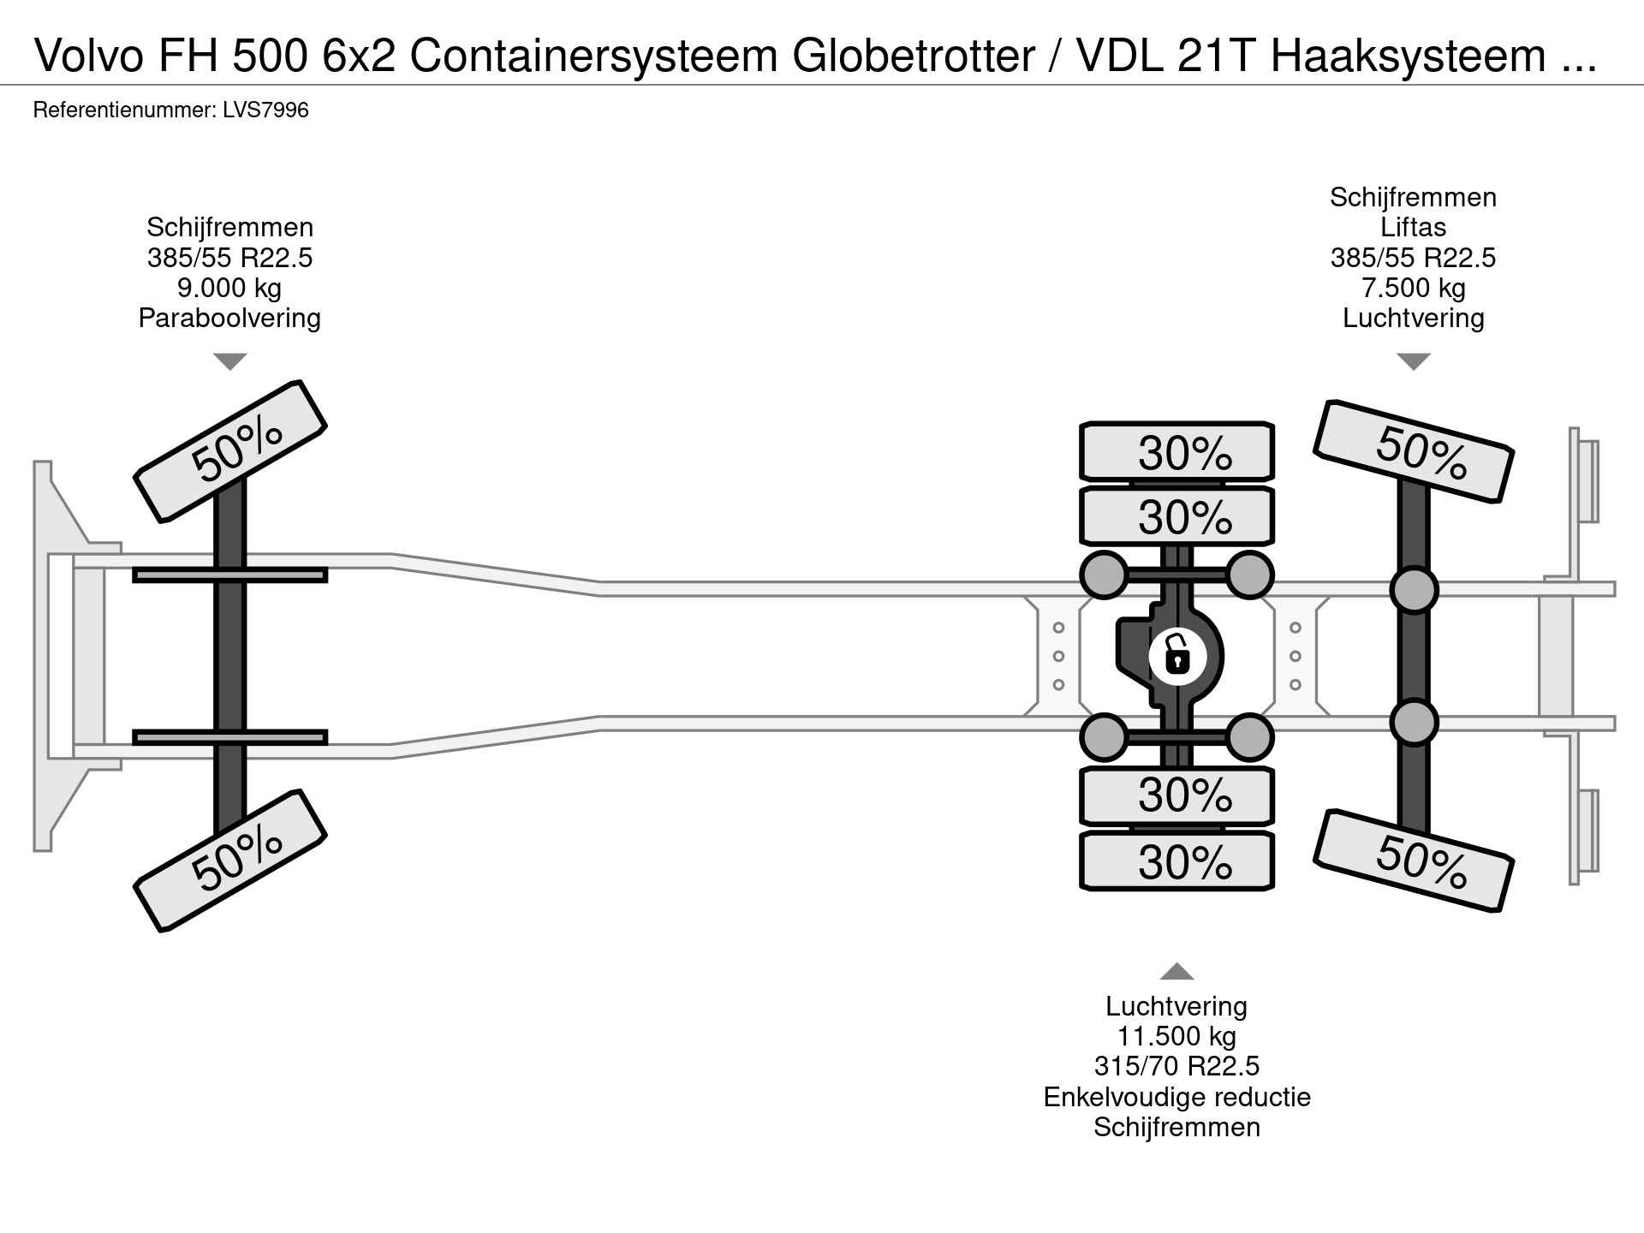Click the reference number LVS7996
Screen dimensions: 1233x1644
(x=265, y=110)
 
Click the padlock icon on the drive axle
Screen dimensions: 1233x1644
(x=1177, y=657)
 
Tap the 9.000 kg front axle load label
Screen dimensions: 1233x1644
(x=229, y=288)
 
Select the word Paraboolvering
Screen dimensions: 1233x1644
(x=229, y=319)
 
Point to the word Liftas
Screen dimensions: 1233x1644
(x=1413, y=228)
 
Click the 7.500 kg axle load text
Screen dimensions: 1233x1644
(x=1413, y=288)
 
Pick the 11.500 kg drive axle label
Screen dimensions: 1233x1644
(x=1176, y=1037)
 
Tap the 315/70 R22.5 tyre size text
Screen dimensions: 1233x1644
(x=1176, y=1067)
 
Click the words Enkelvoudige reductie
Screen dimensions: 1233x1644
(x=1176, y=1098)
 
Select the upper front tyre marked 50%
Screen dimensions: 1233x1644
(x=230, y=451)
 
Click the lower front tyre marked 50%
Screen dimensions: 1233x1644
(x=230, y=861)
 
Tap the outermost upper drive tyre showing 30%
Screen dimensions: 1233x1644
(x=1177, y=451)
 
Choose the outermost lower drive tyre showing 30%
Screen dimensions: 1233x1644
(x=1177, y=861)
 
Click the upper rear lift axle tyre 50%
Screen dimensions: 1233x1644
(x=1414, y=451)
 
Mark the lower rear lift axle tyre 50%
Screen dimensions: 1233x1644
(x=1414, y=861)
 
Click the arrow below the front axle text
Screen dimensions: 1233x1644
(x=229, y=361)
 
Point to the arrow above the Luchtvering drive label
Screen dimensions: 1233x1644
(x=1176, y=971)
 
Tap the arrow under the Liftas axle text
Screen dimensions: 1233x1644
(x=1413, y=361)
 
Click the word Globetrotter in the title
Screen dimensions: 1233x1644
(x=914, y=57)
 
